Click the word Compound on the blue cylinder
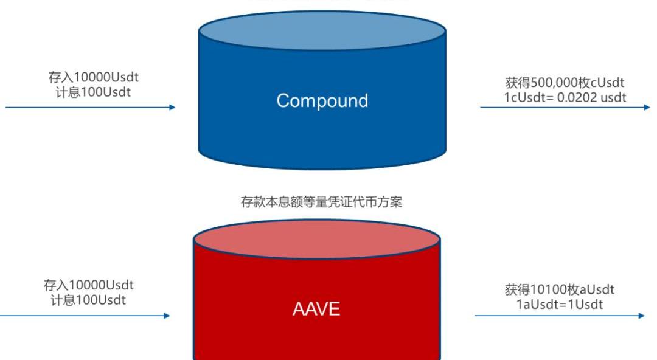click(322, 100)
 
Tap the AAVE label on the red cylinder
click(316, 309)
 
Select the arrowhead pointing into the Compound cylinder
click(172, 108)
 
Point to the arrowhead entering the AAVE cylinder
click(167, 316)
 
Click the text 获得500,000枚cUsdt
click(565, 83)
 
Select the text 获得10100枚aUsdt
click(560, 290)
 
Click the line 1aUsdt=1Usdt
click(560, 304)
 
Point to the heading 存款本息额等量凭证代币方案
click(322, 202)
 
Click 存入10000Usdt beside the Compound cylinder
click(97, 78)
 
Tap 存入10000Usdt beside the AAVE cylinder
click(89, 285)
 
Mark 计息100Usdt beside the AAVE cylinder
click(89, 299)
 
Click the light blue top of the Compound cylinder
click(322, 30)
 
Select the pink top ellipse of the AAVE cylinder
click(316, 239)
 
